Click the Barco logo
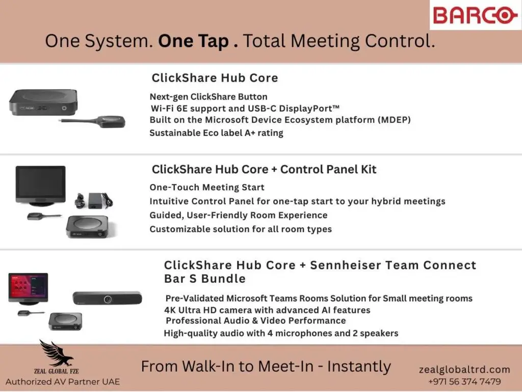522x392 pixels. pyautogui.click(x=475, y=15)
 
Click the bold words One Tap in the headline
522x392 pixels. pyautogui.click(x=198, y=41)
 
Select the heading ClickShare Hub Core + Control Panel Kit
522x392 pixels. pyautogui.click(x=264, y=169)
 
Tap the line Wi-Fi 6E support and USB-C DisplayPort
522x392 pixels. pyautogui.click(x=245, y=108)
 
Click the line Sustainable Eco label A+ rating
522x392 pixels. pyautogui.click(x=216, y=133)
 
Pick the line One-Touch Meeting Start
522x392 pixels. pyautogui.click(x=207, y=187)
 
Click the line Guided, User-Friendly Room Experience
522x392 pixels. pyautogui.click(x=238, y=215)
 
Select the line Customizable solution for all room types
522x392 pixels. pyautogui.click(x=241, y=229)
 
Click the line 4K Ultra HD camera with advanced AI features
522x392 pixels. pyautogui.click(x=267, y=310)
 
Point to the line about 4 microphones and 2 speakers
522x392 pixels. pyautogui.click(x=280, y=333)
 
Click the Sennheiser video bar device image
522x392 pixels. pyautogui.click(x=107, y=299)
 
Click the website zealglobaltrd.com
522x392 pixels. pyautogui.click(x=464, y=370)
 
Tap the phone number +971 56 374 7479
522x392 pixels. pyautogui.click(x=464, y=381)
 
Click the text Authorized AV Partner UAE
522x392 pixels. pyautogui.click(x=63, y=382)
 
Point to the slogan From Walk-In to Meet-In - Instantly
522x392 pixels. pyautogui.click(x=266, y=366)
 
